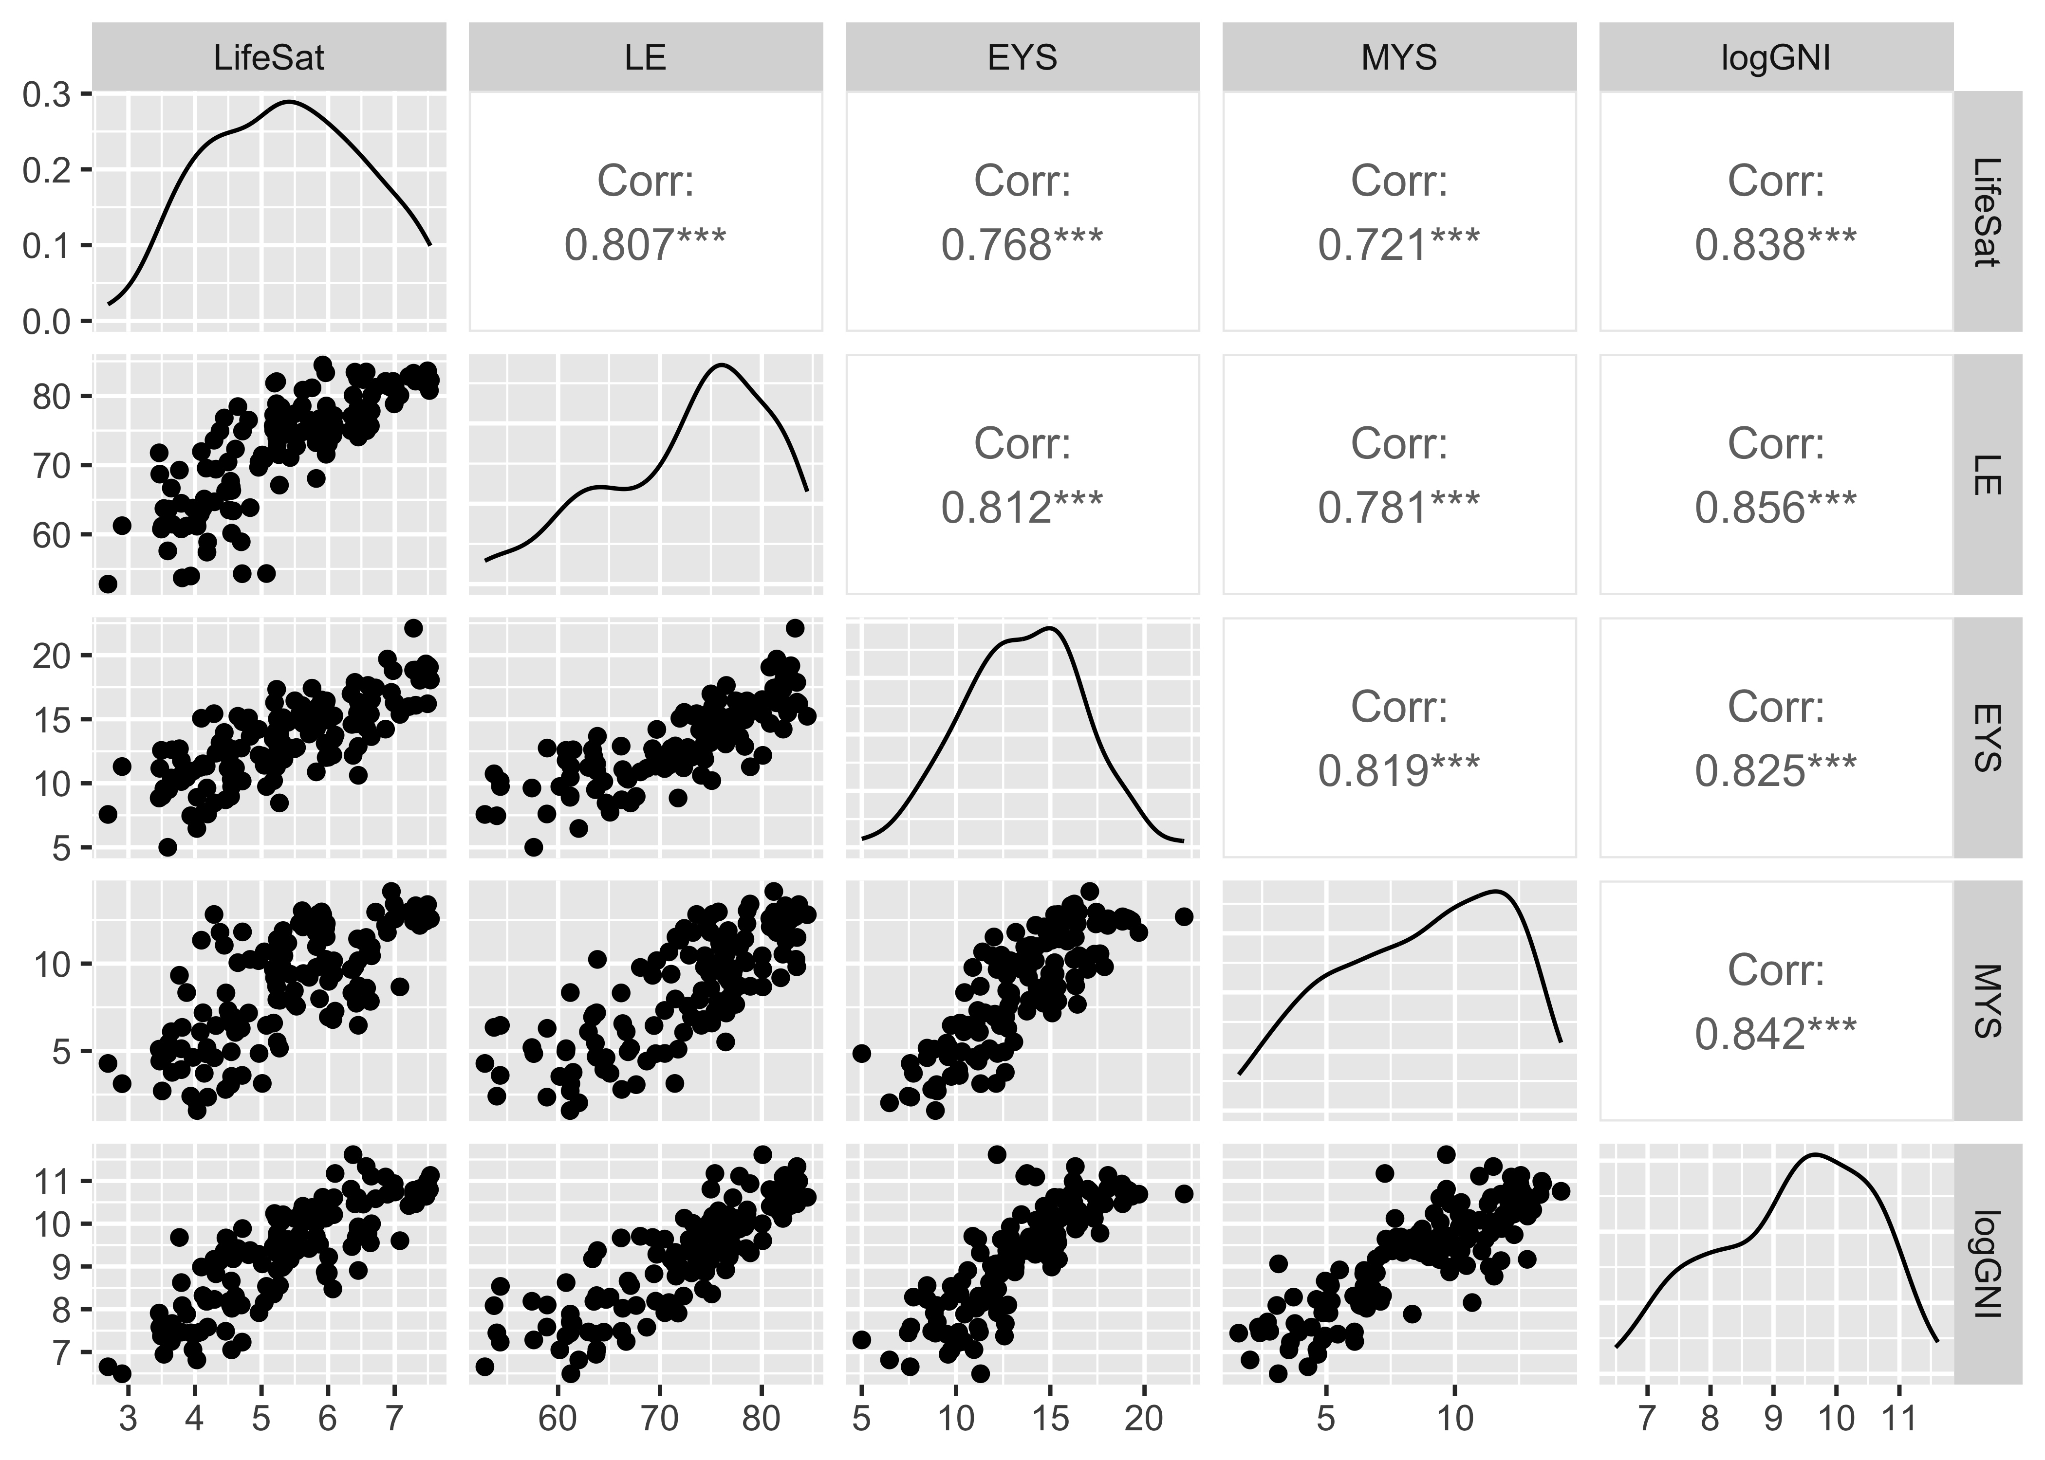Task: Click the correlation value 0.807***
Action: pyautogui.click(x=645, y=244)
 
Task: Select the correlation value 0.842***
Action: pyautogui.click(x=1775, y=1034)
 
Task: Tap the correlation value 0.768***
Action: pyautogui.click(x=1022, y=244)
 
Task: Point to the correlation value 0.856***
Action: pyautogui.click(x=1775, y=508)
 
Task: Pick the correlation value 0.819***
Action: pyautogui.click(x=1398, y=770)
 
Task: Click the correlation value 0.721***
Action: pyautogui.click(x=1398, y=244)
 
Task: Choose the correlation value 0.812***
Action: pyautogui.click(x=1022, y=508)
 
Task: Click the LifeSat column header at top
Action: pyautogui.click(x=269, y=57)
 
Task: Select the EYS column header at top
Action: pyautogui.click(x=1022, y=57)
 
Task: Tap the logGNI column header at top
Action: pyautogui.click(x=1775, y=57)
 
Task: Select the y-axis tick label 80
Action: pyautogui.click(x=52, y=397)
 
